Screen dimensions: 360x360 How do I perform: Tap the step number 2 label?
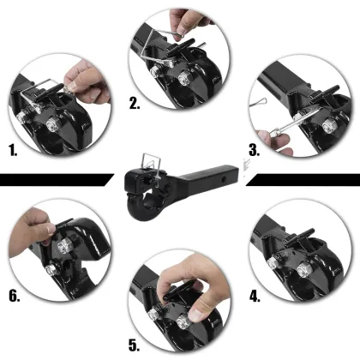point(135,103)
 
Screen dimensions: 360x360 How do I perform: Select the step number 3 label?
point(255,150)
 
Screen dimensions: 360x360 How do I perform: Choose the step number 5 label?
point(135,345)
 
